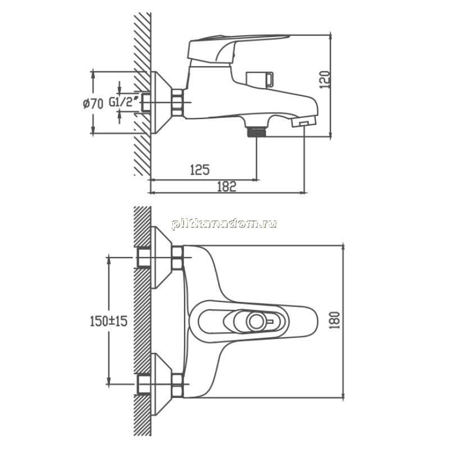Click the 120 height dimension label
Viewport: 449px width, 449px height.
click(325, 80)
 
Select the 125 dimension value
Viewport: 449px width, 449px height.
click(200, 170)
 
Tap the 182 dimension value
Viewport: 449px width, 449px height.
click(227, 186)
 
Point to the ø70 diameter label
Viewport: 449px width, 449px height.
click(93, 103)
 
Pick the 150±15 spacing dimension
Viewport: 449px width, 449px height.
click(108, 321)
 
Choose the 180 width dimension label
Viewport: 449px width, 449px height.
click(334, 320)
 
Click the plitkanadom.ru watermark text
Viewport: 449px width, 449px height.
click(224, 223)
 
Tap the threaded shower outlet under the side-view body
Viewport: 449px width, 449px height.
click(256, 132)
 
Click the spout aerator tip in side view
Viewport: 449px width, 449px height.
click(304, 122)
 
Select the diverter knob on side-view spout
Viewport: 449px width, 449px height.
click(260, 80)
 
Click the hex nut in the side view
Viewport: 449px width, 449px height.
click(177, 103)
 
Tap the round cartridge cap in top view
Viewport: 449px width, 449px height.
click(257, 321)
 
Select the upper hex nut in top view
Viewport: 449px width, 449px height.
click(177, 258)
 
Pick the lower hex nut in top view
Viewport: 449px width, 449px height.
click(177, 386)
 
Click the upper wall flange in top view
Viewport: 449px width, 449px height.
click(161, 258)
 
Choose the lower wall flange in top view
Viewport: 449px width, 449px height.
click(161, 384)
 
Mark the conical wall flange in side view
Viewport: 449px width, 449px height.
click(161, 103)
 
